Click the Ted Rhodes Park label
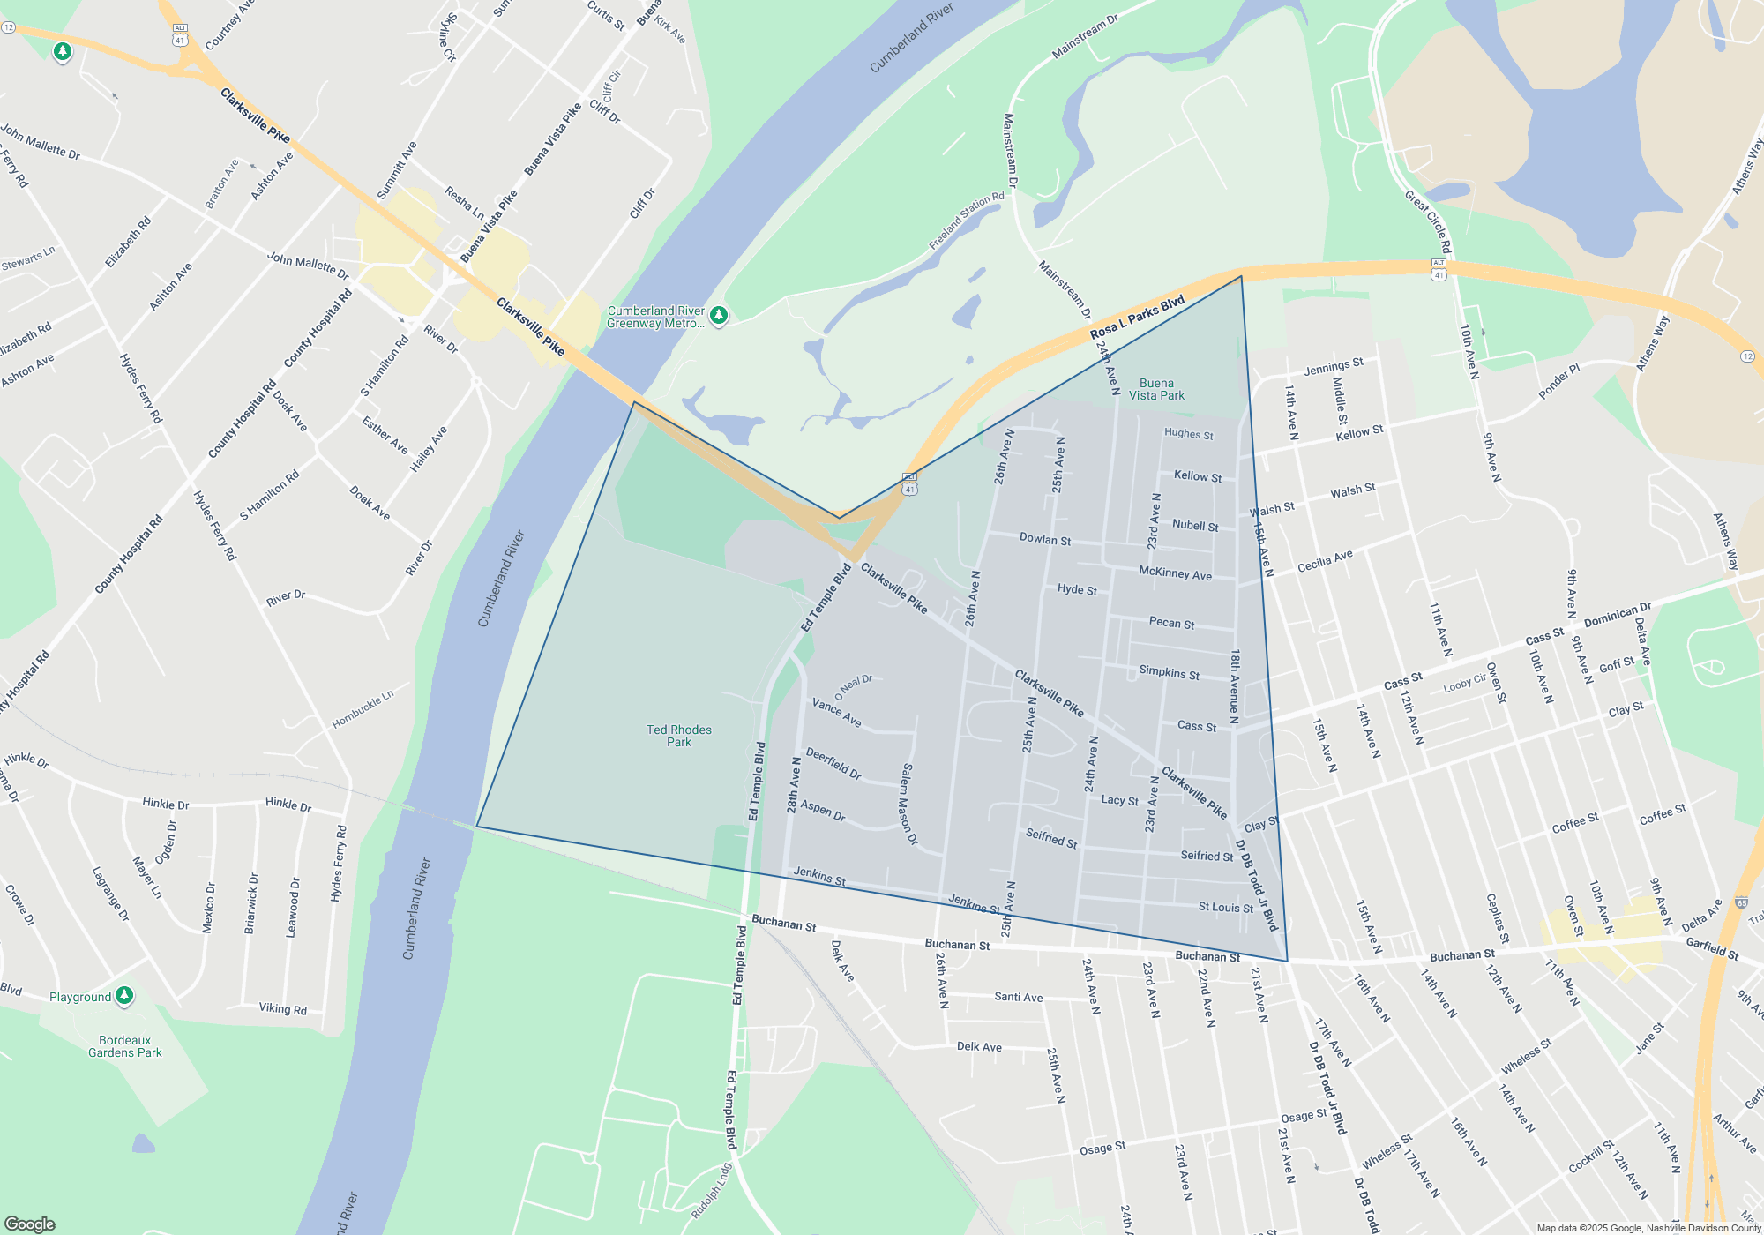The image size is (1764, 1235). coord(678,736)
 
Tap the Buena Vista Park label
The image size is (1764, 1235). coord(1156,389)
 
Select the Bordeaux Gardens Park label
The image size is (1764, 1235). coord(124,1046)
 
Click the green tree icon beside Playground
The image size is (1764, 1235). coord(124,996)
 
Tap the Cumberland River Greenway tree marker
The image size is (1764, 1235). coord(719,315)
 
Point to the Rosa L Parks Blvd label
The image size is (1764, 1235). coord(1137,318)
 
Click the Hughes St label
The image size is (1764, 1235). coord(1188,434)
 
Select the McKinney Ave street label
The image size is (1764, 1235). coord(1175,573)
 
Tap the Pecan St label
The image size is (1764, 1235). coord(1171,623)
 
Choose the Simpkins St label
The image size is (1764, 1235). coord(1169,672)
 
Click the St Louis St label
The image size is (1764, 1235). coord(1225,908)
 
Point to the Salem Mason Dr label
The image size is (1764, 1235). coord(908,805)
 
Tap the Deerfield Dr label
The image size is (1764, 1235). coord(833,764)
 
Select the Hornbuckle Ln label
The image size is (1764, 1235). coord(363,709)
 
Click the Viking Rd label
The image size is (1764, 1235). coord(282,1008)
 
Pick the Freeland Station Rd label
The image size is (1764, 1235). coord(967,221)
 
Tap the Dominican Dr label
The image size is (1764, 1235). coord(1617,615)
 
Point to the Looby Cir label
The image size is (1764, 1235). coord(1465,682)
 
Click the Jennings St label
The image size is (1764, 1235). coord(1333,367)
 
